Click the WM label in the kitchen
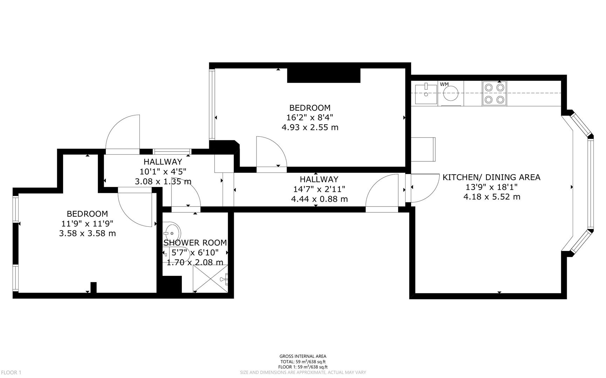444,84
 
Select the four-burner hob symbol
494,93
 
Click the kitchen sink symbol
426,93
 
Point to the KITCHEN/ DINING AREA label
491,177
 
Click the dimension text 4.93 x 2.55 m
310,127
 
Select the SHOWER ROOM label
195,243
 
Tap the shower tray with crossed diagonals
210,278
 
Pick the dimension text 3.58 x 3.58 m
87,233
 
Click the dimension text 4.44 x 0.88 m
319,199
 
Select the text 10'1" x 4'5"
163,171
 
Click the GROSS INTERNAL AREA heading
303,356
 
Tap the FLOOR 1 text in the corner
11,372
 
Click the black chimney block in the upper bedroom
324,76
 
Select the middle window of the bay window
591,184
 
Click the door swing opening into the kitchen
424,189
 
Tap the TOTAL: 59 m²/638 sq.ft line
303,362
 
